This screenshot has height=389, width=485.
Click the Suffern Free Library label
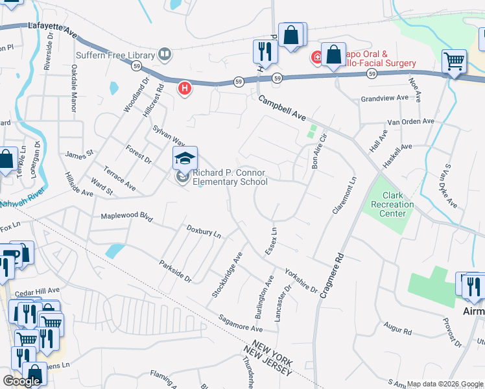pos(115,54)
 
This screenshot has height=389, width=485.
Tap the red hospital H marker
pos(185,88)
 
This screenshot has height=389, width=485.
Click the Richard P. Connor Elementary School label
pos(230,178)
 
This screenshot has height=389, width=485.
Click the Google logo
pos(21,381)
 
